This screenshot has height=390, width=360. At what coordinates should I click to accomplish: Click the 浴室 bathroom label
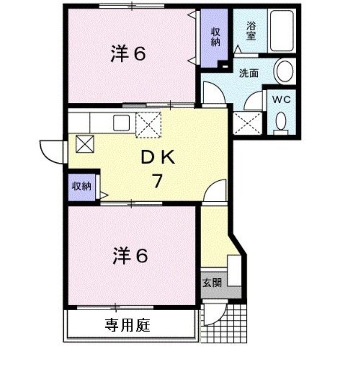251,31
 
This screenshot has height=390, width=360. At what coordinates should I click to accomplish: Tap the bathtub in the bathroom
282,31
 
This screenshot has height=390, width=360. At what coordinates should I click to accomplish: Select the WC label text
281,100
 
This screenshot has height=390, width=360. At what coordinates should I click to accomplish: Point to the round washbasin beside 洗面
284,71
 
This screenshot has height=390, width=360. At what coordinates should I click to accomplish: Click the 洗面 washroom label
248,73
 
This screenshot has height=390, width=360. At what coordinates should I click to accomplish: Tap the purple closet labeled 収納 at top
214,38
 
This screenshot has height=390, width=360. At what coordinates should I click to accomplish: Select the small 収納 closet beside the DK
82,187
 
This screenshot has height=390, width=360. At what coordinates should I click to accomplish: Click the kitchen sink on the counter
121,123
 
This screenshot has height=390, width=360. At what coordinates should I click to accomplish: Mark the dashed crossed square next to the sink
149,125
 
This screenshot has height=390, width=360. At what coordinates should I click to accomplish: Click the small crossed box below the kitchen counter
85,144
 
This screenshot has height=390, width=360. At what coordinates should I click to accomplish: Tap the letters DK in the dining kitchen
158,157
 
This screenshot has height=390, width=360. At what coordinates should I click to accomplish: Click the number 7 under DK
158,181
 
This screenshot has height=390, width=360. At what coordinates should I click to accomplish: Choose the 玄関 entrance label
212,283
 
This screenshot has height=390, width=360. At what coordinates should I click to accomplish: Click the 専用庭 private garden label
128,325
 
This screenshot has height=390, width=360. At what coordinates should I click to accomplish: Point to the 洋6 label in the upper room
128,54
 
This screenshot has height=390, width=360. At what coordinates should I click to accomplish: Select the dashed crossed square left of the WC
247,123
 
